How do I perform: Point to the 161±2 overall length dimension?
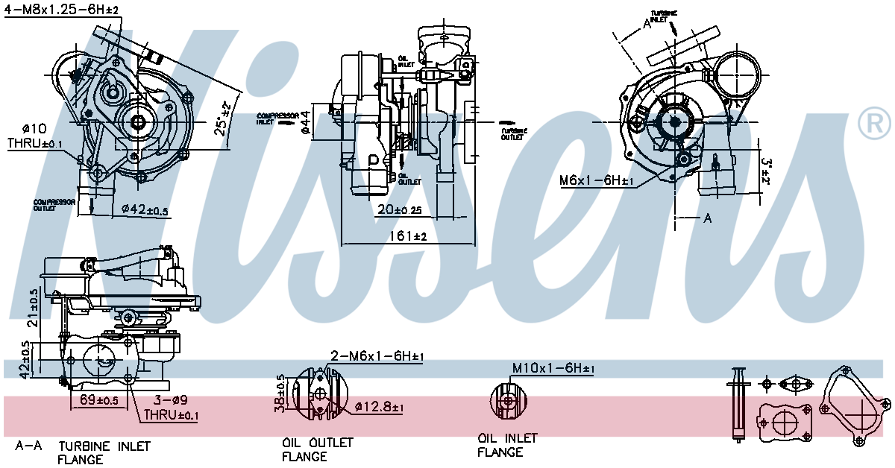pyautogui.click(x=406, y=237)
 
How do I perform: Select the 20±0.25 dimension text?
pyautogui.click(x=401, y=210)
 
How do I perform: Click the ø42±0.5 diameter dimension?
pyautogui.click(x=145, y=210)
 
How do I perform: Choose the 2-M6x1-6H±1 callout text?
pyautogui.click(x=376, y=357)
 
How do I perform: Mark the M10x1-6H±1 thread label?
pyautogui.click(x=553, y=368)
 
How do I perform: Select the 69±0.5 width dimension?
pyautogui.click(x=99, y=400)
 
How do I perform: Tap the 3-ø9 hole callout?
pyautogui.click(x=169, y=400)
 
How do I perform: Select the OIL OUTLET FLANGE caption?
pyautogui.click(x=316, y=449)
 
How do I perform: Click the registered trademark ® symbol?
pyautogui.click(x=874, y=123)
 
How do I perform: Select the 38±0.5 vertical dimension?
pyautogui.click(x=280, y=394)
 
